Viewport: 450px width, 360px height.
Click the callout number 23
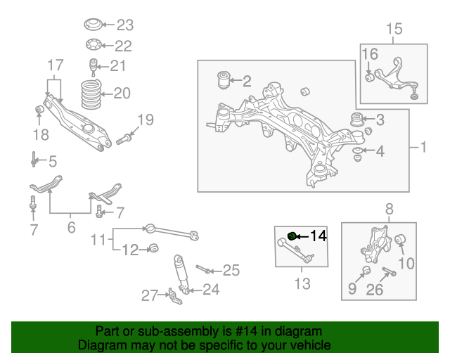click(124, 26)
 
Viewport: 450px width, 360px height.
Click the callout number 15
click(394, 29)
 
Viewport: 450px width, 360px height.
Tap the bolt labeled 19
click(122, 138)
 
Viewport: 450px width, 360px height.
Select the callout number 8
click(389, 209)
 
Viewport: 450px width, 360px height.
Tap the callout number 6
click(71, 227)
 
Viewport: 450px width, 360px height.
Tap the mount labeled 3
click(358, 119)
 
